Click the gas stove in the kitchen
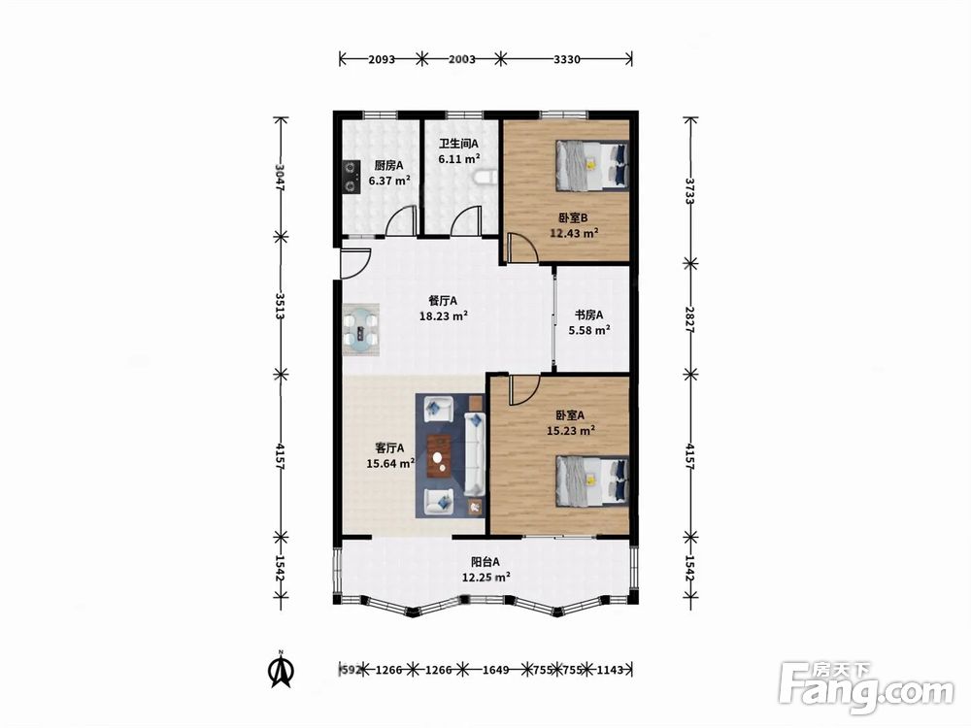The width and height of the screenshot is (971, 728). coord(352,177)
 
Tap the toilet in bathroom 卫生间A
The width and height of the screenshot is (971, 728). coord(485,178)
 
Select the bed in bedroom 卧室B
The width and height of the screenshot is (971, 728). coord(592,165)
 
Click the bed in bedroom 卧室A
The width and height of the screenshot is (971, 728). coord(592,481)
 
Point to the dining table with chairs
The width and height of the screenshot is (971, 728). coord(361,329)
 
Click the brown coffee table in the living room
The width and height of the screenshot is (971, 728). coord(440,457)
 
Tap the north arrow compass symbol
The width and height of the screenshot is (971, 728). coord(281,669)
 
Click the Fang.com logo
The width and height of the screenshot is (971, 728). coord(866,687)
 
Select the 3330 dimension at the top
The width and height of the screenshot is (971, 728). coord(567,59)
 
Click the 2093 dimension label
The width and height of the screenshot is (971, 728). coord(382,59)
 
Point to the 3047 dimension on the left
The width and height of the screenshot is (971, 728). coord(281,177)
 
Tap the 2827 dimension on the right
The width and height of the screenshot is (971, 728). coord(690,318)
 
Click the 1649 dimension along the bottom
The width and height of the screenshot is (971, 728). coord(495,669)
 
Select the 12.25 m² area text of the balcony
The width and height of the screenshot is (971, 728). coord(486,577)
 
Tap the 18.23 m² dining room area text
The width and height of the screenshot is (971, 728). coord(444,315)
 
